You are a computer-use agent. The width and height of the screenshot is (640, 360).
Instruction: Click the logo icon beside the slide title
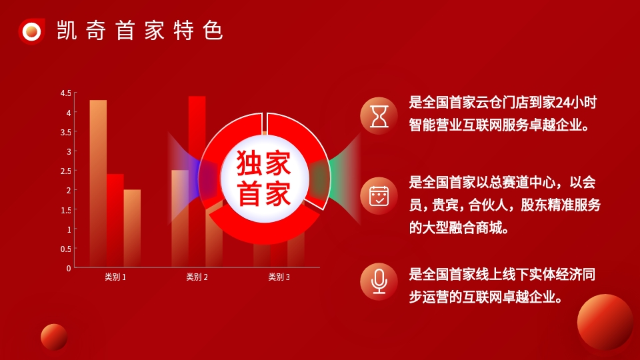point(31,31)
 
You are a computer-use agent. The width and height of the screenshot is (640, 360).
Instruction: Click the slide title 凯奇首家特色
point(140,31)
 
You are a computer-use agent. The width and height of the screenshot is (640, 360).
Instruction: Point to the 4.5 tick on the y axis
point(66,93)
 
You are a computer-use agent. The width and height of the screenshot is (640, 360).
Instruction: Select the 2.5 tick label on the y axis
point(66,171)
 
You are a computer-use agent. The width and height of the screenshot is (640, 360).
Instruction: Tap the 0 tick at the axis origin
point(69,268)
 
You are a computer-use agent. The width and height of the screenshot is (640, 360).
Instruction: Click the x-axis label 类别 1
point(115,277)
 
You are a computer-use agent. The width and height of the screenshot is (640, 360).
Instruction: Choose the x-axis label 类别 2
point(197,277)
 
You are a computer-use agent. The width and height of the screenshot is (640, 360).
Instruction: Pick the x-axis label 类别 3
point(279,277)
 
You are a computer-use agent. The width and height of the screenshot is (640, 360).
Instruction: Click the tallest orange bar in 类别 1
point(98,184)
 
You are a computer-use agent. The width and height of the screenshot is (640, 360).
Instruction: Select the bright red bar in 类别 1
point(115,221)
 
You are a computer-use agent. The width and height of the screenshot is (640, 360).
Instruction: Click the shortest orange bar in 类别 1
point(132,228)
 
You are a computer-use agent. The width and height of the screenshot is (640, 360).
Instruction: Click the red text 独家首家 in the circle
point(264,179)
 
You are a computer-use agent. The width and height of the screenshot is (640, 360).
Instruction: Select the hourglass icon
point(379,116)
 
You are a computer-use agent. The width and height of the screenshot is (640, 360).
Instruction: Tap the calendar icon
point(379,196)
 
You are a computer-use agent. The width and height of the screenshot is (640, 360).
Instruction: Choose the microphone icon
point(379,281)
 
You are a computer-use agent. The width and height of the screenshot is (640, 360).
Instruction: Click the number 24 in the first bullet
point(563,102)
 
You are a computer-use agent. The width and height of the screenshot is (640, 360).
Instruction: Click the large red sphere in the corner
point(605,322)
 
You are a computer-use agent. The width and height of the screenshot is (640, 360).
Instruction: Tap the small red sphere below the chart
point(54,337)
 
